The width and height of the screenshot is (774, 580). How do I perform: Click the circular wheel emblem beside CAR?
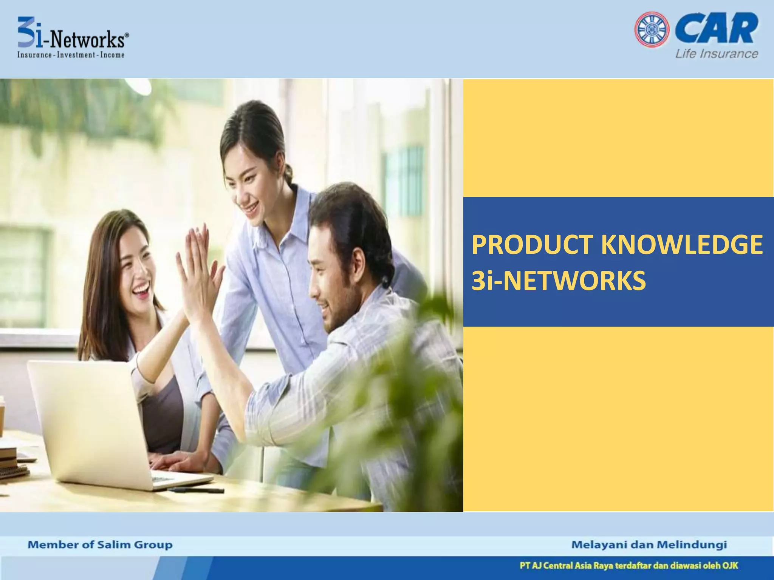click(x=652, y=30)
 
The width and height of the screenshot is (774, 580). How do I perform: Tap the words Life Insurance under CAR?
click(x=717, y=54)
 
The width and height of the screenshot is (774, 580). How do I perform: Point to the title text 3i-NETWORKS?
click(x=559, y=281)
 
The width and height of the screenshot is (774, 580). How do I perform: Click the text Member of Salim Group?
click(x=100, y=545)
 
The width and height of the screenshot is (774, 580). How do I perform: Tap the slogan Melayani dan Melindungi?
click(x=649, y=545)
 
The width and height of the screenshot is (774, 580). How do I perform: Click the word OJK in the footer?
click(x=730, y=566)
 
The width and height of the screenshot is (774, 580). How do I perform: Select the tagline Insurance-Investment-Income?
click(x=71, y=55)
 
